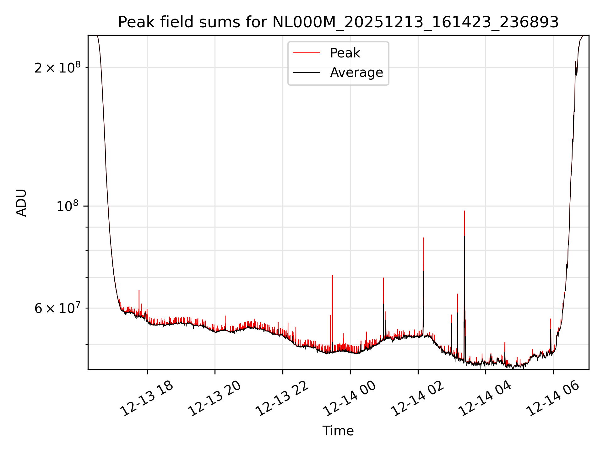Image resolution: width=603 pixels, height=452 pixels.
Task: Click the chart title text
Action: point(338,22)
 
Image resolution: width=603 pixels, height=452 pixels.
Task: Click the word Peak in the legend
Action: point(345,53)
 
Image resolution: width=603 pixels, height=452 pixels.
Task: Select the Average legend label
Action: point(356,73)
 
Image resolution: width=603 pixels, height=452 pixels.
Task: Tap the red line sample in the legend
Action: point(306,53)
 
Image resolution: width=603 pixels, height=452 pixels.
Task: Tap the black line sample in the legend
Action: point(306,73)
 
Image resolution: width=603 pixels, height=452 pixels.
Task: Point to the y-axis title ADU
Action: point(21,202)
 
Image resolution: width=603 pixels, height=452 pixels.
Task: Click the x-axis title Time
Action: point(338,431)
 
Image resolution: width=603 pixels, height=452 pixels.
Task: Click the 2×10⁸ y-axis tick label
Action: point(57,68)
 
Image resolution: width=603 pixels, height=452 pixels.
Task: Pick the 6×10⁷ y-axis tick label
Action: point(57,308)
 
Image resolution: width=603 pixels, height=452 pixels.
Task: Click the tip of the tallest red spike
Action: point(464,211)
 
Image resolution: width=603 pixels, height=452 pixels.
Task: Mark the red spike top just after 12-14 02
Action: point(424,238)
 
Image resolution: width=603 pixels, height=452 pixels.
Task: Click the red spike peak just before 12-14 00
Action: point(332,275)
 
